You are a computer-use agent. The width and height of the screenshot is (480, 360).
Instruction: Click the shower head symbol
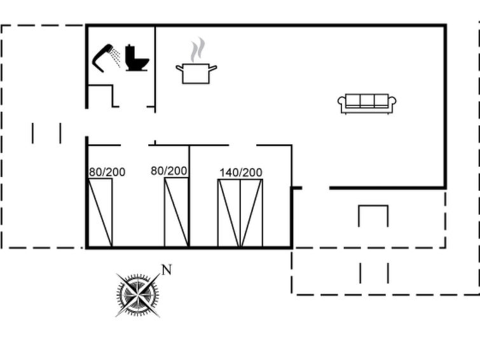tap(102, 59)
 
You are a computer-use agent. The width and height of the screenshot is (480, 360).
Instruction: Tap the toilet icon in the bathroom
tap(137, 59)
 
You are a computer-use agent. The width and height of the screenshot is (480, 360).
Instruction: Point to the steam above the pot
tap(198, 50)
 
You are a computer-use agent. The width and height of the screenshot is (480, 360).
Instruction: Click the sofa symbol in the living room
tap(367, 104)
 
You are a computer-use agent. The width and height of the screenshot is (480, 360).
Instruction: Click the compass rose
tap(138, 295)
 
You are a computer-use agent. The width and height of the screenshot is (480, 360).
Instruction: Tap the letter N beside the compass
tap(166, 270)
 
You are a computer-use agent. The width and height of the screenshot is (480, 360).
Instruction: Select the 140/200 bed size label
tap(240, 172)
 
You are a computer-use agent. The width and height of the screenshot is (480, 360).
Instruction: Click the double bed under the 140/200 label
tap(240, 213)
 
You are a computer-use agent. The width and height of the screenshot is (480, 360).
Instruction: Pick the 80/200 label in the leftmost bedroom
tap(107, 172)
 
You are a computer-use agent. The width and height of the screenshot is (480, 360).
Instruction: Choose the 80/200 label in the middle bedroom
tap(169, 171)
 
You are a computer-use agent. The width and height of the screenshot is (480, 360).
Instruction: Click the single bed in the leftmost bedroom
tap(100, 212)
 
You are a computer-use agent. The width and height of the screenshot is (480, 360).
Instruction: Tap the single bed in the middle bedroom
tap(176, 212)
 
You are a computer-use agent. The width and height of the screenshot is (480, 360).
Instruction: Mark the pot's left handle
tap(179, 68)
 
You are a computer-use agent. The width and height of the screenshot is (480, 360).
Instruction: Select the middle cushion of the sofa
tap(367, 100)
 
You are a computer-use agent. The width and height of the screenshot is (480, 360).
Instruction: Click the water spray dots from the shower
tap(115, 57)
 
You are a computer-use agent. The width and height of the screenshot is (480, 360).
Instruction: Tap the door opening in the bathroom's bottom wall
tap(133, 107)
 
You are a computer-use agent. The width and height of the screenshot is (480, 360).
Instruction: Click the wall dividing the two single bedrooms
tap(189, 196)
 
